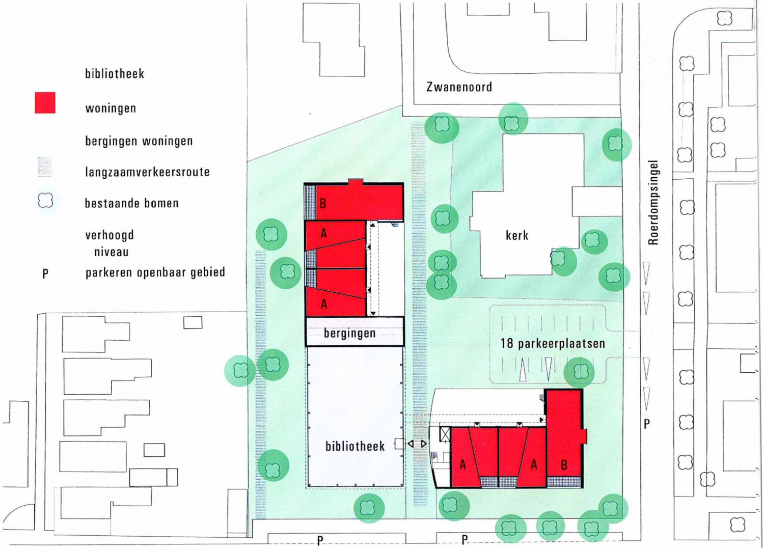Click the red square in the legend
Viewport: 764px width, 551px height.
click(x=45, y=103)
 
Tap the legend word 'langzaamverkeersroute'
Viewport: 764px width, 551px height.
click(x=147, y=172)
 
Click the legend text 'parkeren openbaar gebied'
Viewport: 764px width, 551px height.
click(x=155, y=272)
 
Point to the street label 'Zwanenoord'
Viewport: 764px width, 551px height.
click(x=459, y=87)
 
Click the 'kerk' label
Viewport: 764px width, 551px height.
click(x=517, y=235)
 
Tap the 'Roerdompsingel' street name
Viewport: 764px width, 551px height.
click(x=653, y=203)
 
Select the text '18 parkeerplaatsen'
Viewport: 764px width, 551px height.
click(x=553, y=343)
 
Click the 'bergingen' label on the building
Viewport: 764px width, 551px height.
click(x=349, y=333)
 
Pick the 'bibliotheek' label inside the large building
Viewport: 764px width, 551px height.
click(x=355, y=446)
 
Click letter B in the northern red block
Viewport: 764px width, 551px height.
click(x=322, y=204)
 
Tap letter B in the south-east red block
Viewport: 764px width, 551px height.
click(x=564, y=465)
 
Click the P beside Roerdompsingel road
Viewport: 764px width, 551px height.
click(x=647, y=424)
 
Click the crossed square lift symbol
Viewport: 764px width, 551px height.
click(x=445, y=435)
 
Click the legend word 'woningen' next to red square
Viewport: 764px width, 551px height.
click(x=111, y=108)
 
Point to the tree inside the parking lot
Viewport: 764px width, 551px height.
click(x=579, y=372)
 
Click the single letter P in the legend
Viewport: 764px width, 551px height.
click(x=45, y=273)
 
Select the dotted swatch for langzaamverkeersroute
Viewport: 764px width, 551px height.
click(x=45, y=167)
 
